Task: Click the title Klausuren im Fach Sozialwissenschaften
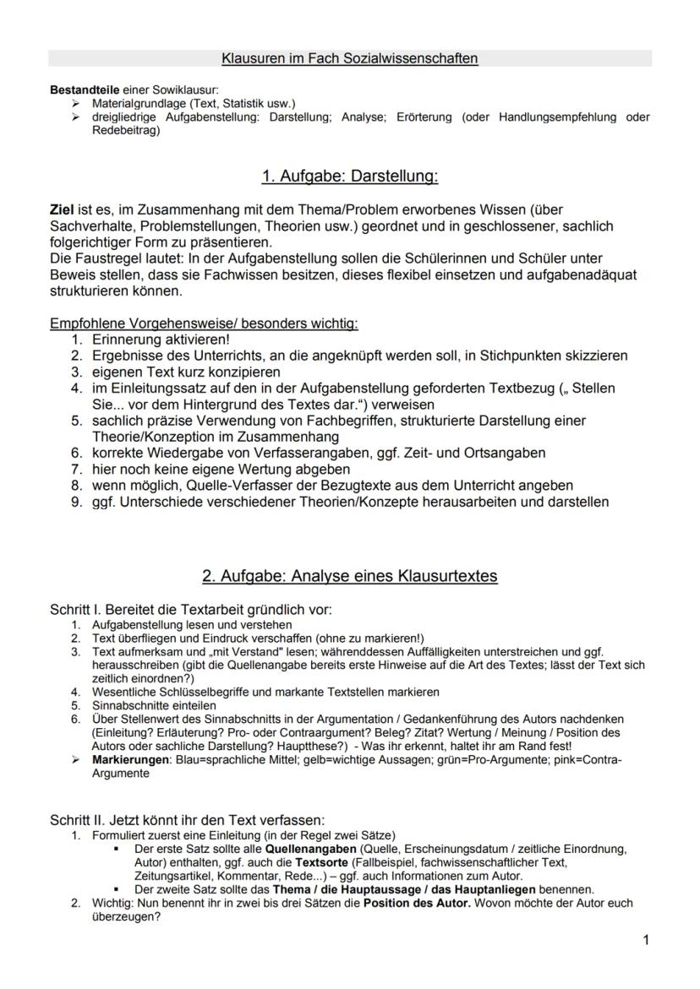[x=349, y=58]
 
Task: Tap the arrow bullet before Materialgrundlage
[x=78, y=103]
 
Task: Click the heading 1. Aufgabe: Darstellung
[x=349, y=177]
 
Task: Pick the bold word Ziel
[x=63, y=209]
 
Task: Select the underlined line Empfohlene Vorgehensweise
[x=204, y=323]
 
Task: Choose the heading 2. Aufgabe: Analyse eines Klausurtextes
[x=349, y=576]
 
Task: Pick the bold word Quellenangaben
[x=309, y=848]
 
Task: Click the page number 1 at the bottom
[x=645, y=939]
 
